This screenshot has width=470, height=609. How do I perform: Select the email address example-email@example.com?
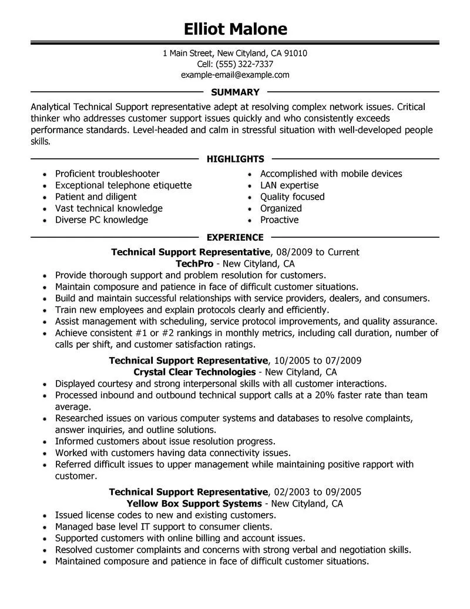[235, 75]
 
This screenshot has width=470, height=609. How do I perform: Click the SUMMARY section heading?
[235, 92]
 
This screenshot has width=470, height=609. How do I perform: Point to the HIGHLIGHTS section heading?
[235, 159]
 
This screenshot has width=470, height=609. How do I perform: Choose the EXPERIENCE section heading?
[235, 238]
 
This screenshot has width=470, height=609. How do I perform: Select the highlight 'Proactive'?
[280, 220]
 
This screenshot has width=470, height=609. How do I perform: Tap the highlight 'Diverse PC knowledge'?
[102, 220]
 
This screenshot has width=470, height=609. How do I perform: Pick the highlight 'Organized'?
[281, 208]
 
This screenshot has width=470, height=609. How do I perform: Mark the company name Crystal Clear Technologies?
[194, 372]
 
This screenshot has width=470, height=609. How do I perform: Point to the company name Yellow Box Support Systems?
[194, 504]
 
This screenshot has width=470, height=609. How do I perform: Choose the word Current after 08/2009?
[343, 252]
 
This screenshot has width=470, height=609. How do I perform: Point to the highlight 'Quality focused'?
[293, 197]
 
